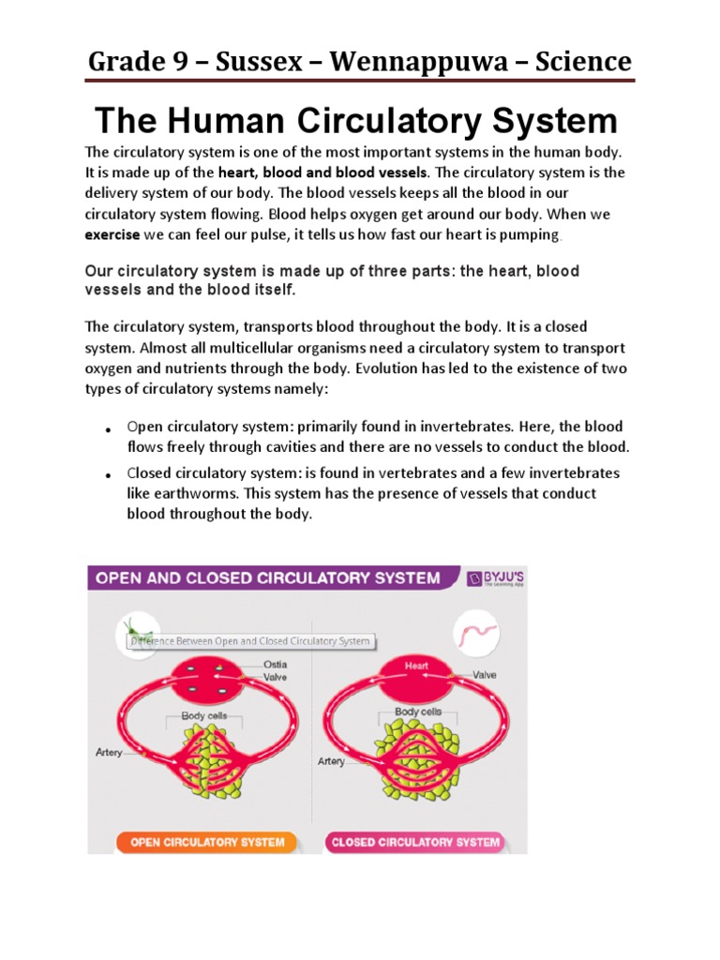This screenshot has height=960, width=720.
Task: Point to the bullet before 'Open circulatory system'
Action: coord(109,430)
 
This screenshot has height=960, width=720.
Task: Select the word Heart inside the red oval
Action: coord(416,667)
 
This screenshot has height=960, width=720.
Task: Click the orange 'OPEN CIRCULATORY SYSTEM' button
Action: coord(207,841)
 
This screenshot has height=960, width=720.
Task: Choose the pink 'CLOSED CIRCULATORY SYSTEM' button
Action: coord(415,841)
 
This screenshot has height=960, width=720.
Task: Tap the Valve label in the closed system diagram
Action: coord(485,674)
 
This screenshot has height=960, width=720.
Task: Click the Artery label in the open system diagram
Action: coord(110,753)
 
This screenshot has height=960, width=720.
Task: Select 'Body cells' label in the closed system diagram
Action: coord(418,712)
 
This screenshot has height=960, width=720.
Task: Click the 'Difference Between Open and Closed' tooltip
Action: coord(250,642)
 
